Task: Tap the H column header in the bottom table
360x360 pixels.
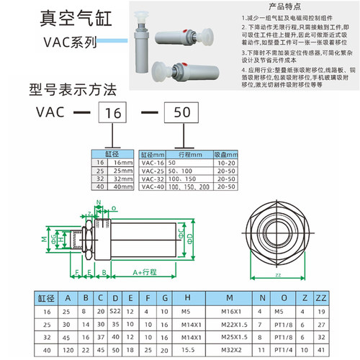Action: (x=186, y=297)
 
